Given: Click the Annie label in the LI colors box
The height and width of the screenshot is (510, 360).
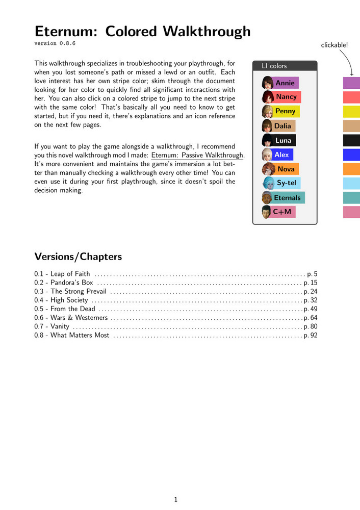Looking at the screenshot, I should click(285, 83).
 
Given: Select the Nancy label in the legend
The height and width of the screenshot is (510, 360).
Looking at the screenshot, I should click(286, 97).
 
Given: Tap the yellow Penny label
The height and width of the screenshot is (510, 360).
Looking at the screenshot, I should click(285, 111).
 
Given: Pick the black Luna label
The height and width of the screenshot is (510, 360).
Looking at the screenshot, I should click(284, 140).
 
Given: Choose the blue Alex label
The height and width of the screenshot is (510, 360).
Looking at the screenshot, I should click(281, 155).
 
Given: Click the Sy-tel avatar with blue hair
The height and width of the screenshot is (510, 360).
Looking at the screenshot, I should click(268, 183).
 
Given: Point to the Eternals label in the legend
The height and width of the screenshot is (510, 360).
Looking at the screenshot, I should click(287, 197).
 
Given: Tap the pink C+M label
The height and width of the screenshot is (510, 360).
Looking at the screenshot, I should click(282, 212).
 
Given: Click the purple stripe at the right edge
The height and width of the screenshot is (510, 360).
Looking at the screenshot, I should click(351, 83).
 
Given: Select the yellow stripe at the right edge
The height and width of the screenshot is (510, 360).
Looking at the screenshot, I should click(351, 111).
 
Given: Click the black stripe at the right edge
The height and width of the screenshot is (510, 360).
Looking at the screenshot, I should click(351, 140).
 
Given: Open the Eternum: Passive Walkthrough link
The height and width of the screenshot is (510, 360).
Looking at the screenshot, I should click(198, 155).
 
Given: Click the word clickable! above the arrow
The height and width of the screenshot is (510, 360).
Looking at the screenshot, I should click(335, 45).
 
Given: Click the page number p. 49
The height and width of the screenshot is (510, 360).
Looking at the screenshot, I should click(310, 309).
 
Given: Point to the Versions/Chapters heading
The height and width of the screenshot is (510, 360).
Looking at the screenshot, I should click(78, 256).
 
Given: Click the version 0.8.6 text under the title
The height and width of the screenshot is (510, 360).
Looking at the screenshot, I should click(55, 43).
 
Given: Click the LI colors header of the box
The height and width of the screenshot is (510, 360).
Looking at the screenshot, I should click(274, 66).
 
